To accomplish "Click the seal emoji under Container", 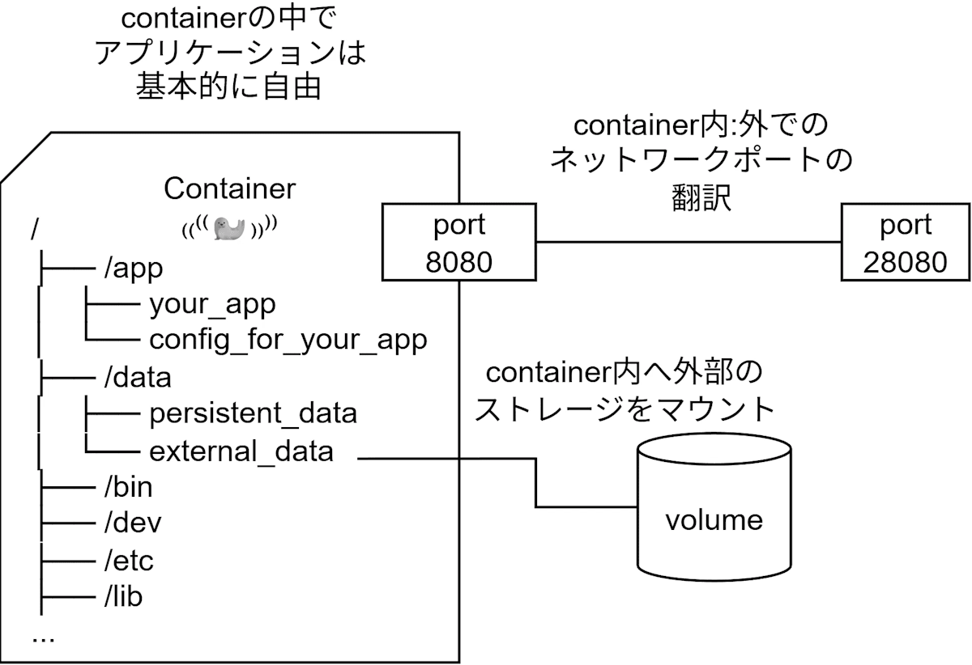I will [x=229, y=230].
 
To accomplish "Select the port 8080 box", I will [x=458, y=243].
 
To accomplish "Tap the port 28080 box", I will [x=906, y=243].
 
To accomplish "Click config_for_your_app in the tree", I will [x=288, y=341].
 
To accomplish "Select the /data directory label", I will [x=138, y=377].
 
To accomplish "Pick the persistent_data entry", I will [x=253, y=413].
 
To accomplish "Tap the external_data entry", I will [x=241, y=451].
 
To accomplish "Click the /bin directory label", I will [x=128, y=487].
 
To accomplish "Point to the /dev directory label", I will [x=133, y=523].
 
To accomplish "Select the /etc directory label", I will [x=129, y=560].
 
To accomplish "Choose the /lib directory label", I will [x=123, y=597].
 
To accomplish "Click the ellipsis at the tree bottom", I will [x=43, y=637].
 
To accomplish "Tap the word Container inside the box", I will [x=229, y=188].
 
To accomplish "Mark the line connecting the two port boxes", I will [x=688, y=242].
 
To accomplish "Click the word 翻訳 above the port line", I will [x=701, y=197].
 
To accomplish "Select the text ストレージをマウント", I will [x=625, y=409].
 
